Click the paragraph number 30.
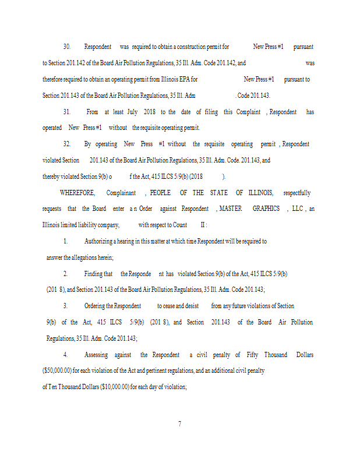click(x=66, y=47)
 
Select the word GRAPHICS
click(x=266, y=209)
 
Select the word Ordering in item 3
click(x=98, y=306)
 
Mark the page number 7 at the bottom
click(x=179, y=423)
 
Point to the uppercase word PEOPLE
click(x=160, y=193)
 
